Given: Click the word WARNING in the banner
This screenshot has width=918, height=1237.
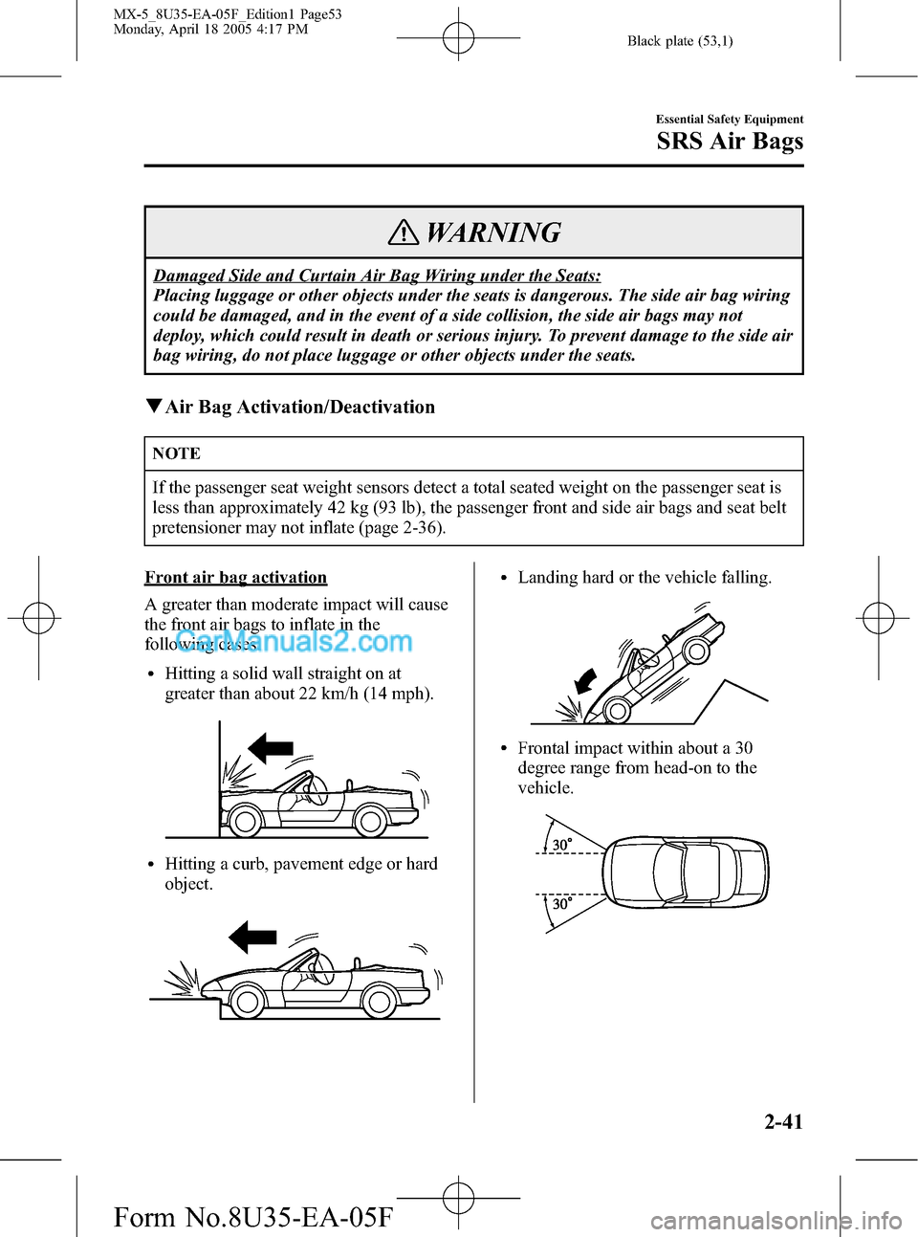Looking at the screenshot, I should point(492,232).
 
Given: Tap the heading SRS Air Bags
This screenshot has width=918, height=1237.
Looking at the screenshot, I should point(730,142).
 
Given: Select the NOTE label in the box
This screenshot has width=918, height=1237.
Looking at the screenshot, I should point(177,453).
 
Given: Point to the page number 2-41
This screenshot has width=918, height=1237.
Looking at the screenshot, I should point(783,1121).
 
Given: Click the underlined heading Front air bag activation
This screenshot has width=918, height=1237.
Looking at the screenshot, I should point(235,577).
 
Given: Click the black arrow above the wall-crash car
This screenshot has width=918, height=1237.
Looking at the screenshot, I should point(271,747).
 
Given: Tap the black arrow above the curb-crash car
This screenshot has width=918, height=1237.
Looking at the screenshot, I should point(252,937).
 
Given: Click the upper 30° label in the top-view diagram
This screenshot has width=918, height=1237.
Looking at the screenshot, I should point(562,845).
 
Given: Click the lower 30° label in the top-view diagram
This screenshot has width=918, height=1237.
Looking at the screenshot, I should point(562,903).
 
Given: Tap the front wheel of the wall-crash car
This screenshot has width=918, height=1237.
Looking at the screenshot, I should point(245,821).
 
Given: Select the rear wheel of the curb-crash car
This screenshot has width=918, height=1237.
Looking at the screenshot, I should point(379,1002).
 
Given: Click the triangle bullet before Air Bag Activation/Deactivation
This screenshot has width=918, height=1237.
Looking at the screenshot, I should point(153,407).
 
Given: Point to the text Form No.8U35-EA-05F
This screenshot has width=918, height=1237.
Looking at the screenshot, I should point(252,1216).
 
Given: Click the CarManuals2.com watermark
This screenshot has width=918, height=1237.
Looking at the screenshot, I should point(295,641).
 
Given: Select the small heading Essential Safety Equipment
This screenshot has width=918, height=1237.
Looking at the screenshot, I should point(729,120).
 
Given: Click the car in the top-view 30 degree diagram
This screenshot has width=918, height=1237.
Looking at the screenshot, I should point(686,872).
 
